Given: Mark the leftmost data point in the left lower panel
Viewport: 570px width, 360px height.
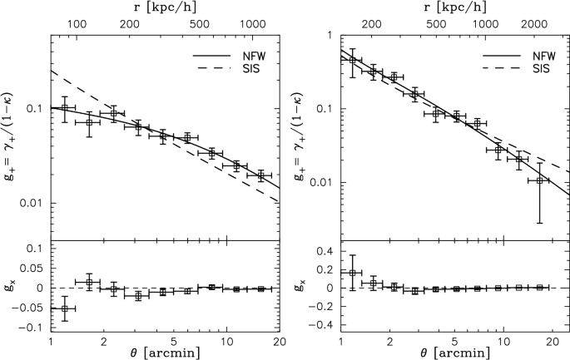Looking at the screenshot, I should click(65, 308).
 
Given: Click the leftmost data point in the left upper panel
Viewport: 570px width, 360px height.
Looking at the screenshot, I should click(65, 107).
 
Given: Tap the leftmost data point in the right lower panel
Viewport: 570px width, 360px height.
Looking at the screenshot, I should click(352, 273).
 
